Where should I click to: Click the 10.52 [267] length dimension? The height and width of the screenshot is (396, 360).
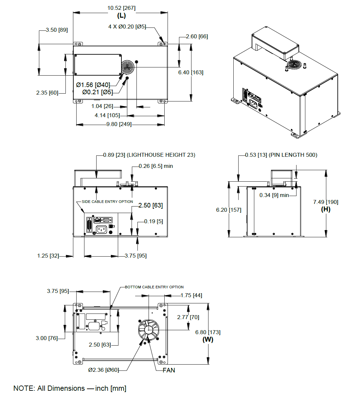(121, 8)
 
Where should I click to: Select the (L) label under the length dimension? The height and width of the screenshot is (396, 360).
(121, 16)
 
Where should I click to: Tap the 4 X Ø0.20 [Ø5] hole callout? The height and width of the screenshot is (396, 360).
(127, 27)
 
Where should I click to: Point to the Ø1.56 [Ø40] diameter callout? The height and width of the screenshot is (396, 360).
(93, 85)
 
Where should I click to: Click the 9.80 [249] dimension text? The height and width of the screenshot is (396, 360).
(119, 124)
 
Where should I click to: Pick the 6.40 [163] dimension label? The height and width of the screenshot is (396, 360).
(190, 72)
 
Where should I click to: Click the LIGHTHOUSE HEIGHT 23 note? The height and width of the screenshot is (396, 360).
(161, 155)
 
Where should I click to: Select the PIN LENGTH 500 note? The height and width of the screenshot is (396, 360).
(293, 155)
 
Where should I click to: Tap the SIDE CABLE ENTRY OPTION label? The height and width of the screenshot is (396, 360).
(107, 202)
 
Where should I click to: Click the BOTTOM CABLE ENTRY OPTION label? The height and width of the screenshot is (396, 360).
(154, 287)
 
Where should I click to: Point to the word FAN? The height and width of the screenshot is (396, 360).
(169, 370)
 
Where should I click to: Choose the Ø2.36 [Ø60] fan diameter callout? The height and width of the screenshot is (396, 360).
(103, 370)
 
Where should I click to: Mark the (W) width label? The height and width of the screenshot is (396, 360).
(208, 339)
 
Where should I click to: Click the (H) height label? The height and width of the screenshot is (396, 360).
(326, 209)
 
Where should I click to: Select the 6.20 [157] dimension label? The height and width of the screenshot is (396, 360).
(228, 210)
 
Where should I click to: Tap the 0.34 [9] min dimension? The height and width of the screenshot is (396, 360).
(274, 195)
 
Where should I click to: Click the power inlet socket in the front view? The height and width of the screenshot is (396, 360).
(101, 230)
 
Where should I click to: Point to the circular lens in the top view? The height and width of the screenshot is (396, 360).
(128, 68)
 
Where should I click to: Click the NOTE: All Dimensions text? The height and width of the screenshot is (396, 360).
(70, 388)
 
